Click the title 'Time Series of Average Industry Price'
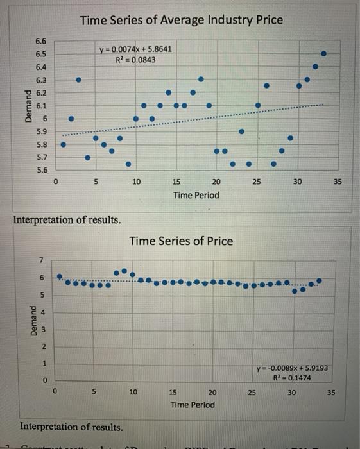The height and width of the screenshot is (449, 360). pyautogui.click(x=182, y=20)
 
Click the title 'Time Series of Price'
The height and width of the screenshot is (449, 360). pyautogui.click(x=181, y=241)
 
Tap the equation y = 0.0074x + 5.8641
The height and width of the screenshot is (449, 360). pyautogui.click(x=135, y=49)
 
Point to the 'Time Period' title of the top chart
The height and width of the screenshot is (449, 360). pyautogui.click(x=196, y=195)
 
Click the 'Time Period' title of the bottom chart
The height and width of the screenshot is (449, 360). pyautogui.click(x=193, y=405)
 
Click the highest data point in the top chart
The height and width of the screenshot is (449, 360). pyautogui.click(x=323, y=53)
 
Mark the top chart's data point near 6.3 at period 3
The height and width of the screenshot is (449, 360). pyautogui.click(x=79, y=80)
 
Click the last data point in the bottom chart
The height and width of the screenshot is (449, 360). pyautogui.click(x=320, y=280)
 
